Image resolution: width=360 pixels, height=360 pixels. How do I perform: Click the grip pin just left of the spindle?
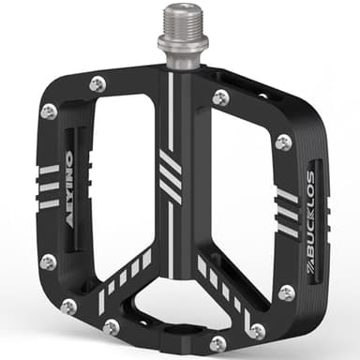(97, 84)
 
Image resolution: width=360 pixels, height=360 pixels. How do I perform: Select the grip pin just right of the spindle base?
(220, 97)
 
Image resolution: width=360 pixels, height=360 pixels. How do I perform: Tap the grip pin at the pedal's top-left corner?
(49, 112)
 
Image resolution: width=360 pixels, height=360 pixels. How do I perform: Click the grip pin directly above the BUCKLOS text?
(283, 142)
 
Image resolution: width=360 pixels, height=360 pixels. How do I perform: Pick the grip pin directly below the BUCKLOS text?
(287, 292)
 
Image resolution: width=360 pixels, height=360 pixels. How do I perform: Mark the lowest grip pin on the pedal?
(218, 343)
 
